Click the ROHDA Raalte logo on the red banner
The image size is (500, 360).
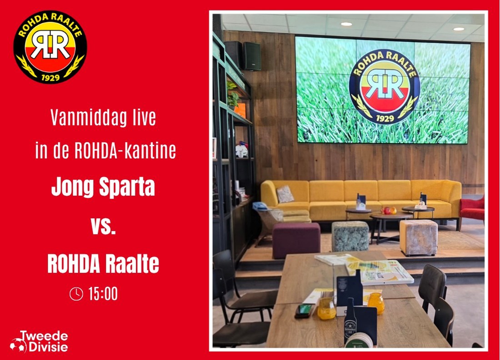pos(50,47)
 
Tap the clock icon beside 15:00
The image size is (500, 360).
pos(76,294)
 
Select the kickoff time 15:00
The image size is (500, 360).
pos(103,294)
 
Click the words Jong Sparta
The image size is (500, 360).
pos(103,187)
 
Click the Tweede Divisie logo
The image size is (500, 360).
pos(39,341)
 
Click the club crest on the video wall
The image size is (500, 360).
pos(385,87)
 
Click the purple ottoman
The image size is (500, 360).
pos(296,240)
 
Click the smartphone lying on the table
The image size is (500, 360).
pos(304,310)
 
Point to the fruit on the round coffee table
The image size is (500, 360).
pos(388,210)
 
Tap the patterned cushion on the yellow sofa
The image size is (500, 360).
pos(285,194)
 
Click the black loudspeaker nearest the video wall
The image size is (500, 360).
pos(252,56)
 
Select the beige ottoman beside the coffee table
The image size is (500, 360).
pos(418,238)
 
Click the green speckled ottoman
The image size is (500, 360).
pos(350,236)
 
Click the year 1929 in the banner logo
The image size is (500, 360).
pos(50,77)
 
